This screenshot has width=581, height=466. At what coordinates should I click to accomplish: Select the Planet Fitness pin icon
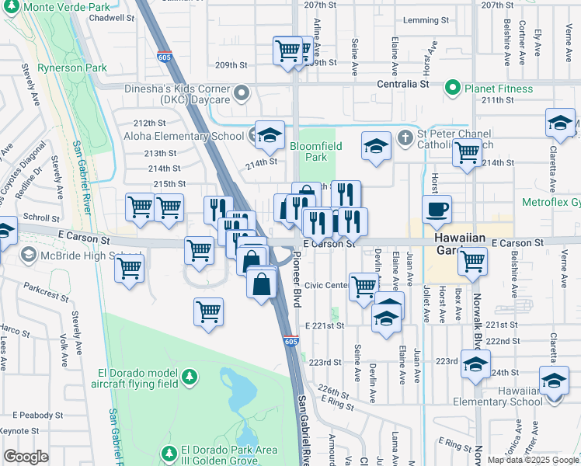click(453, 89)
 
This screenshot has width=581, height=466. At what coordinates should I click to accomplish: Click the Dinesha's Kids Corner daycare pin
click(242, 95)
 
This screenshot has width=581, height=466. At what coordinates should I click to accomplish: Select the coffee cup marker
click(437, 207)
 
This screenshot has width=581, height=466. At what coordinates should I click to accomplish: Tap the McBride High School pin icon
click(29, 256)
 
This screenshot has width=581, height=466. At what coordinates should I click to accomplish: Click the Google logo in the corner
click(26, 457)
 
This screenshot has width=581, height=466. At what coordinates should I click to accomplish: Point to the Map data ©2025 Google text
click(533, 460)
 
